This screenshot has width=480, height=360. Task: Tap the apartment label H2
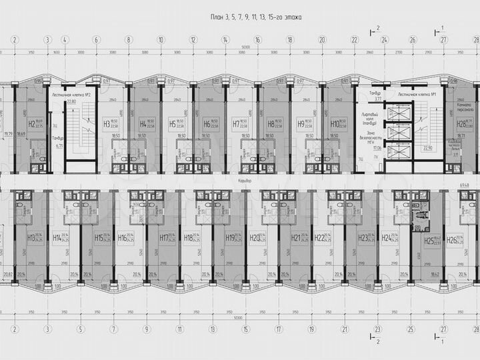click(x=31, y=123)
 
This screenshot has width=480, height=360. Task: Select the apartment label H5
click(x=172, y=123)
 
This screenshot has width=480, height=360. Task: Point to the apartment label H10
click(x=334, y=123)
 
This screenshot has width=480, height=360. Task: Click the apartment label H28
click(x=460, y=123)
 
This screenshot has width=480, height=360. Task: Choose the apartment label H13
click(x=31, y=237)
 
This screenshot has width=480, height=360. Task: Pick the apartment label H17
click(x=163, y=237)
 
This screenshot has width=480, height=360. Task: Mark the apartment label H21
click(x=296, y=237)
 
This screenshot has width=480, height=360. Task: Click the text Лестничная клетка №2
click(x=71, y=95)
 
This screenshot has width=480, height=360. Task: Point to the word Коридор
click(x=249, y=180)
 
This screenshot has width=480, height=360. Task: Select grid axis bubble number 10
click(x=161, y=39)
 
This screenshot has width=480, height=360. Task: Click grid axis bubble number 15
click(x=245, y=329)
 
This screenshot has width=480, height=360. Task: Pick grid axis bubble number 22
click(x=355, y=39)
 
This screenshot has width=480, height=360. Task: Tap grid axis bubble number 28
click(x=476, y=329)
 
